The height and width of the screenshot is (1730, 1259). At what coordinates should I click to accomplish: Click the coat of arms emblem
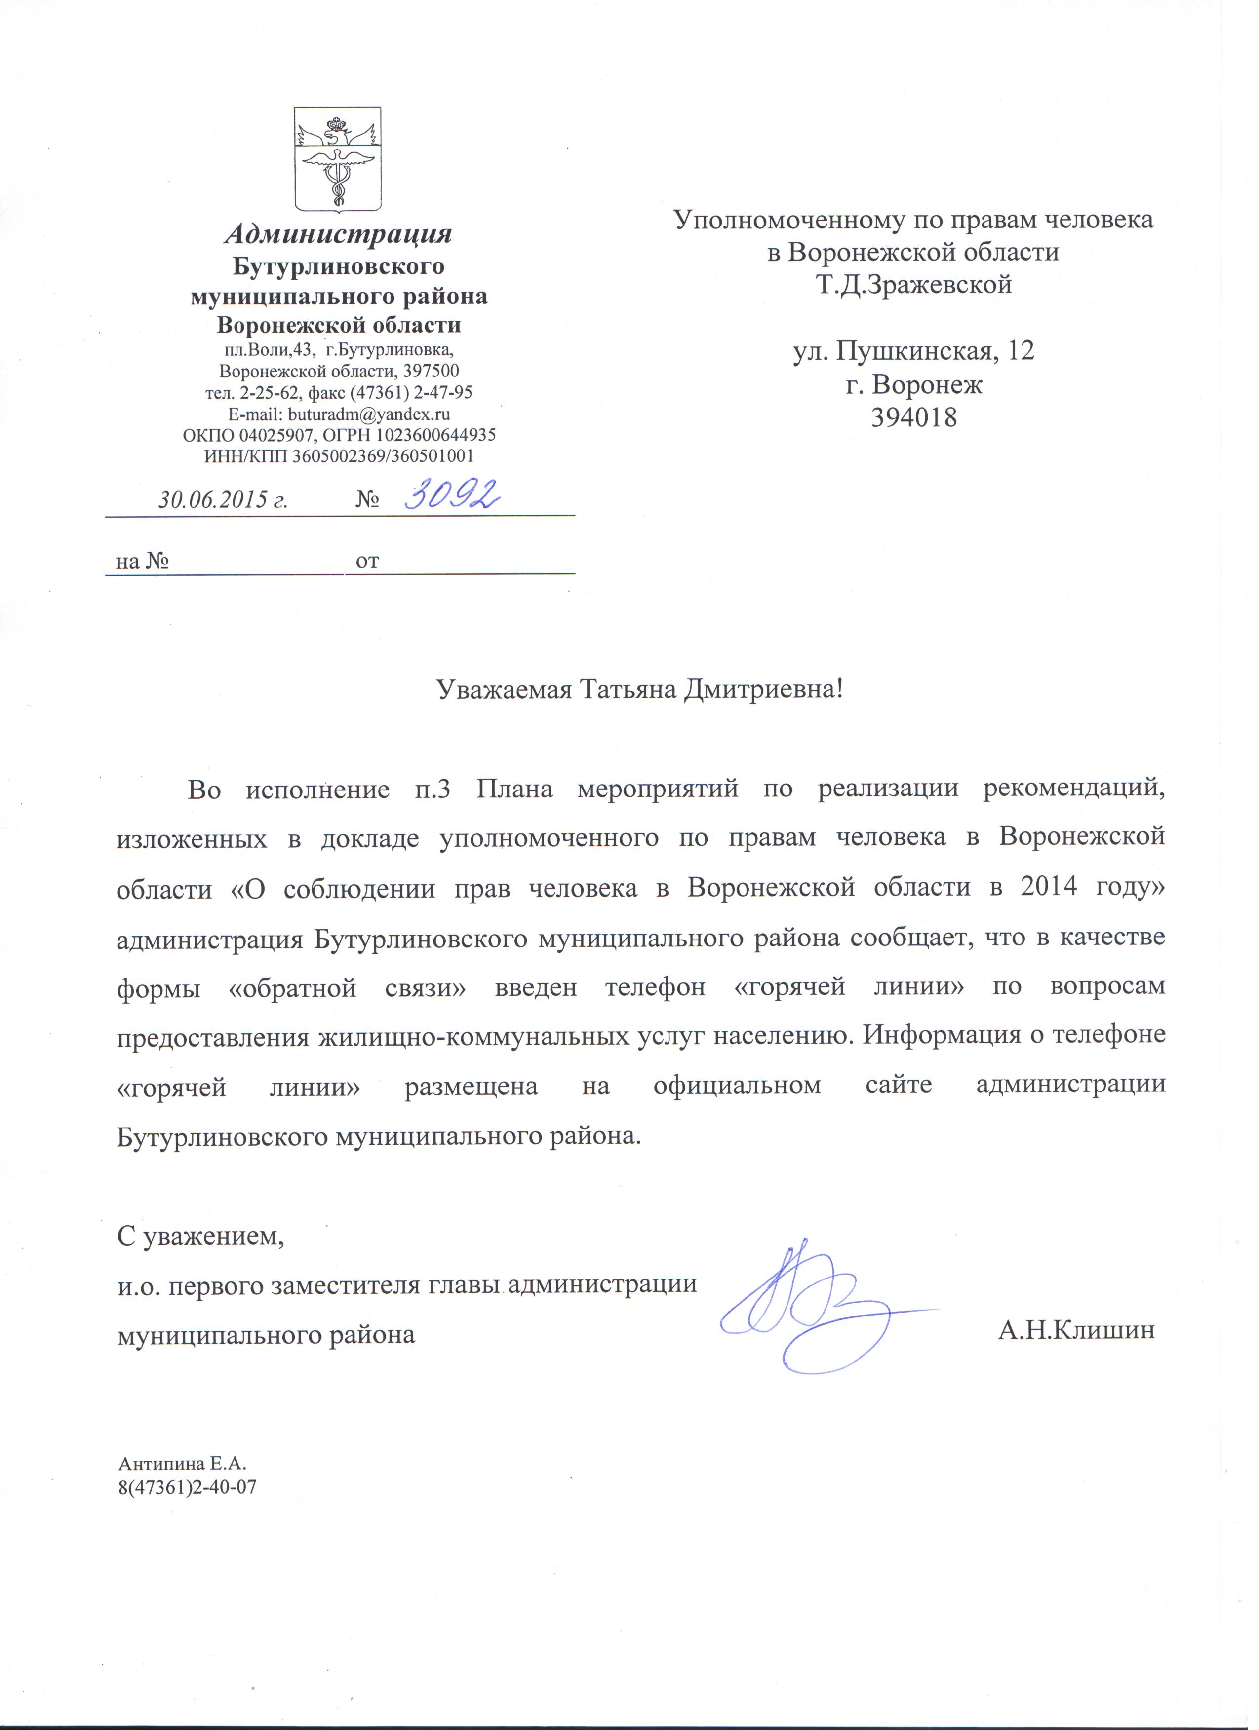coord(339,159)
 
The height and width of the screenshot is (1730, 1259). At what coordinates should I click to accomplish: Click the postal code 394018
coord(913,417)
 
